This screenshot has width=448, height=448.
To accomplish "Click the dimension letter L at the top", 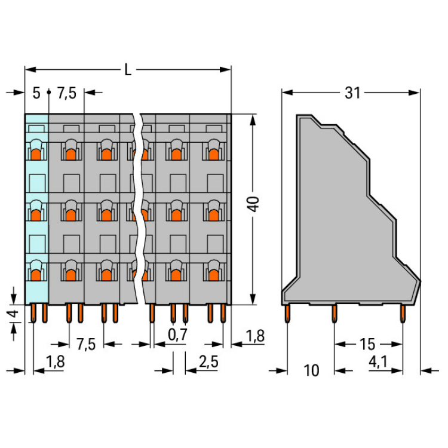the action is pos(128,69).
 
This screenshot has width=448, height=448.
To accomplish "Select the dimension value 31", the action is pos(352,93).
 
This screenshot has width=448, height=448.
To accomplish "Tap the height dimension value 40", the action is pos(253,204).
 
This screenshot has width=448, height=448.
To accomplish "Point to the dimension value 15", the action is pos(367,344).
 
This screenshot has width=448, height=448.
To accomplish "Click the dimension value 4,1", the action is pos(378,362).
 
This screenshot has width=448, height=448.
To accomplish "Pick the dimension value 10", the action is pos(311,370).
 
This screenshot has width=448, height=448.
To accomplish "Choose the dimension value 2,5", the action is pos(208,362).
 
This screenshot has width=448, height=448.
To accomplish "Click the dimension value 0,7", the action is pos(178,335).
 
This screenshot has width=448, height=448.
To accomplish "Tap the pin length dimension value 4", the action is pos(13,314).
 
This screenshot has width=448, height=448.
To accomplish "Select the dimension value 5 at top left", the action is pos(36,93).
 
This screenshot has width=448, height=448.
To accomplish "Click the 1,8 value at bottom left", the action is pos(56,362).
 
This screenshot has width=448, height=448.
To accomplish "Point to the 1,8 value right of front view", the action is pos(256,336).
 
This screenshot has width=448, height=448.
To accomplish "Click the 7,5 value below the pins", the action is pos(86,344).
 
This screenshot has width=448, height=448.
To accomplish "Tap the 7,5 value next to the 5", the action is pos(67,93).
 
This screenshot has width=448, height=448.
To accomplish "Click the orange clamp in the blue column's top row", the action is pos(36,154).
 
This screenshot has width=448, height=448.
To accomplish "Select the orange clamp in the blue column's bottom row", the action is pos(36,275).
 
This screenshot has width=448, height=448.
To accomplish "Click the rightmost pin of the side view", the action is pos(403,314).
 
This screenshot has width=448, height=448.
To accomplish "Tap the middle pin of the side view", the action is pos(335,314).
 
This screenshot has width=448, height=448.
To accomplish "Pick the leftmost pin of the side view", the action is pos(287,314).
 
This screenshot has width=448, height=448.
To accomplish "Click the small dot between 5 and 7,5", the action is pos(49,92).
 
